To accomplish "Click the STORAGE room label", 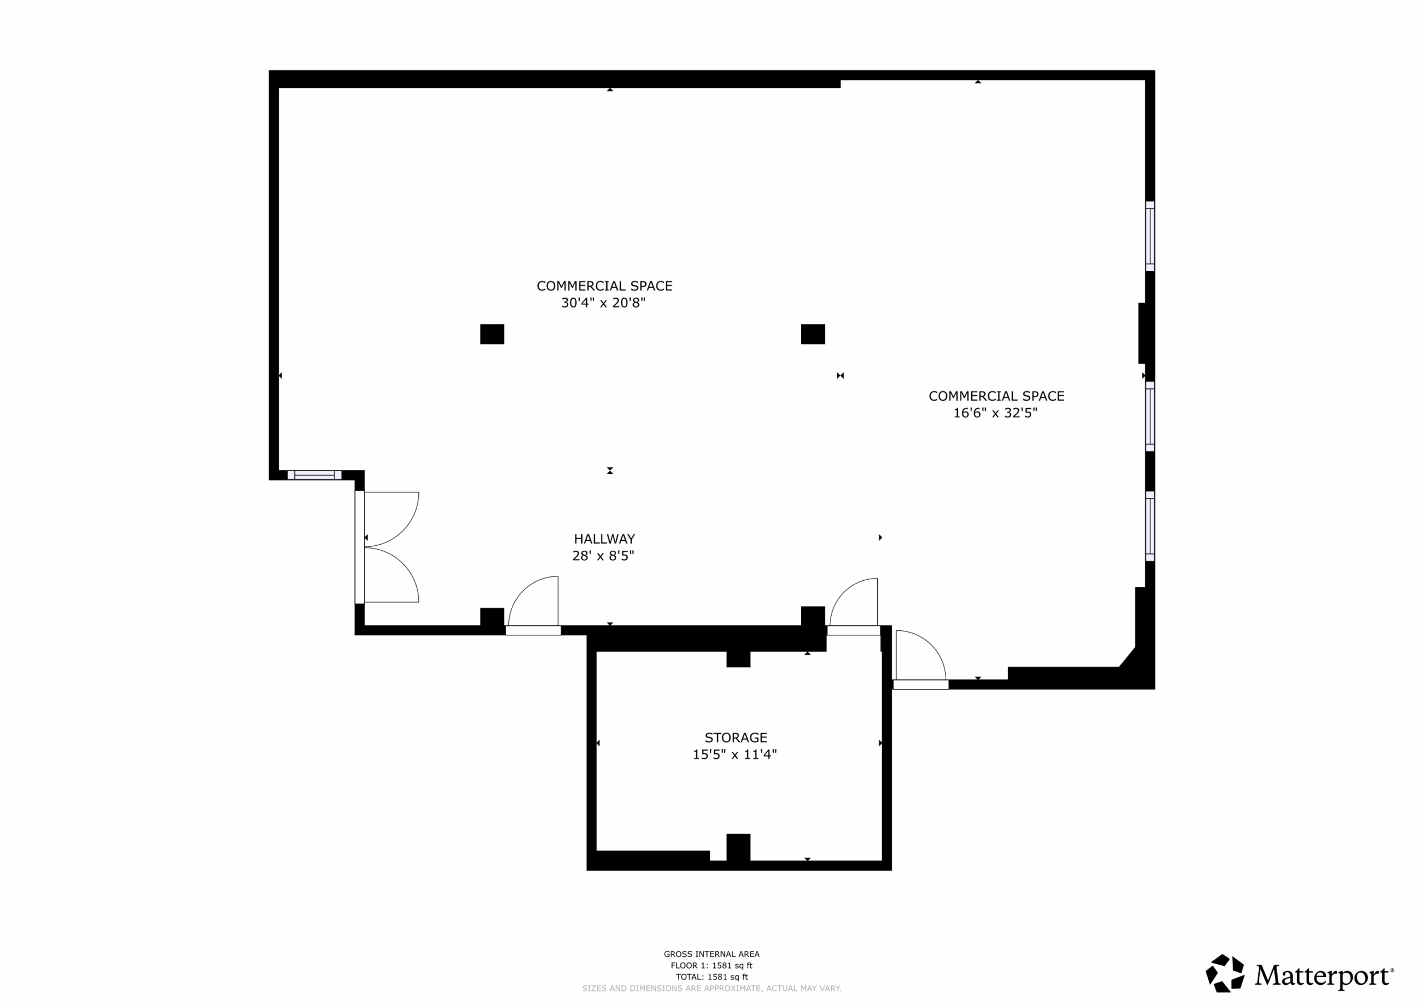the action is [735, 738].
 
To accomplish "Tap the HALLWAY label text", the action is [604, 539].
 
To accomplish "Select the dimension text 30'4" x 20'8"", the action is [604, 303].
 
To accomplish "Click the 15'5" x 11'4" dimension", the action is [735, 754].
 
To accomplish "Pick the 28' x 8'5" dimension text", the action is [603, 556].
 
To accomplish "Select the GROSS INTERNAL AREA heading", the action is [711, 954].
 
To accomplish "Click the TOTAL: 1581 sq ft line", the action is [711, 976].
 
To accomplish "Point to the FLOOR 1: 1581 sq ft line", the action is [711, 965].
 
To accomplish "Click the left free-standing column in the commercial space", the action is [492, 334].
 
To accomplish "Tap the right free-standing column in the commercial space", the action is [813, 334].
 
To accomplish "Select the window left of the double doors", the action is [314, 475].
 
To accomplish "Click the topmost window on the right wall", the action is [1150, 236].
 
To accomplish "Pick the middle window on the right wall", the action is [1150, 416].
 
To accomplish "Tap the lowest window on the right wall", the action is [1150, 526].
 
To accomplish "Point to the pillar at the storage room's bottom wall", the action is [738, 847].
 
